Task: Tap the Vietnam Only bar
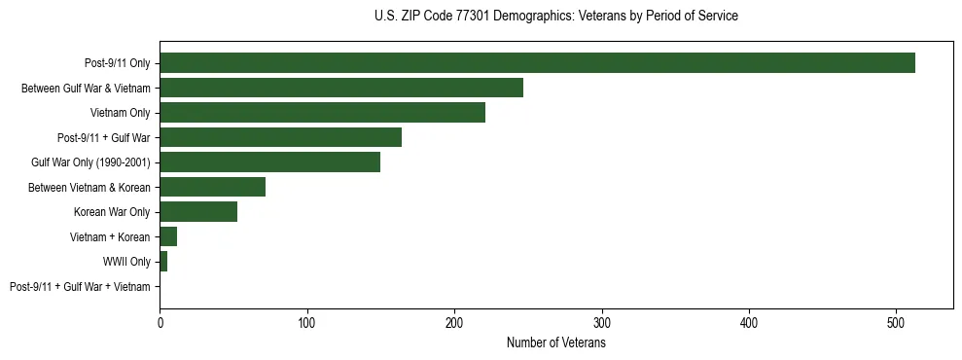pyautogui.click(x=322, y=113)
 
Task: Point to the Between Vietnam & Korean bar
pyautogui.click(x=212, y=187)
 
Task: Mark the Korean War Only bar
pyautogui.click(x=198, y=212)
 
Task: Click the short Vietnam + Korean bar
pyautogui.click(x=168, y=236)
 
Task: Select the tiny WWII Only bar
pyautogui.click(x=163, y=262)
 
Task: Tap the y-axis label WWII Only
pyautogui.click(x=127, y=262)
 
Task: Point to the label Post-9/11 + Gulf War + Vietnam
pyautogui.click(x=80, y=287)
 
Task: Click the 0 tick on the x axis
pyautogui.click(x=160, y=322)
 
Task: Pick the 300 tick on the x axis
pyautogui.click(x=602, y=322)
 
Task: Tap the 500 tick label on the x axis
pyautogui.click(x=897, y=322)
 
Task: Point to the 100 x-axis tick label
pyautogui.click(x=307, y=322)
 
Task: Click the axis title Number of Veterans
pyautogui.click(x=556, y=342)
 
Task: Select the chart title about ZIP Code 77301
pyautogui.click(x=556, y=17)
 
